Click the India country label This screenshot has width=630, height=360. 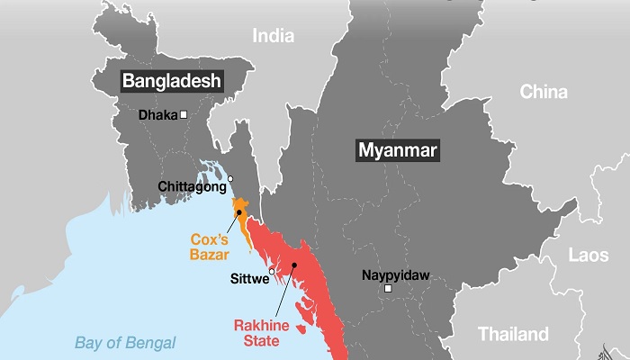click(273, 35)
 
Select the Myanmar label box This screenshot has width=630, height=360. click(397, 150)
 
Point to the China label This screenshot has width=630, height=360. click(544, 93)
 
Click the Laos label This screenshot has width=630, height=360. click(589, 256)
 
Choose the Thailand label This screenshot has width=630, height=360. click(513, 334)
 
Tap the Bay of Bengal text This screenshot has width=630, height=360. click(125, 342)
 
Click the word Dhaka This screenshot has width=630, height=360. click(157, 115)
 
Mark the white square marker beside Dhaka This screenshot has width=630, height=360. click(183, 114)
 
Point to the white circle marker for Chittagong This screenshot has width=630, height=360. click(230, 178)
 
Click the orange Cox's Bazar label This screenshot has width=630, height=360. click(214, 247)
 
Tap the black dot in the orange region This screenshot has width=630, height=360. click(238, 212)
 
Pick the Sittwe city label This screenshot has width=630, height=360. click(247, 279)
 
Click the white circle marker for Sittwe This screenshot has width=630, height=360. click(272, 270)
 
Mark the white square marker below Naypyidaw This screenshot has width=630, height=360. click(388, 289)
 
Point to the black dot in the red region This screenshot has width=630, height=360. click(293, 265)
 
